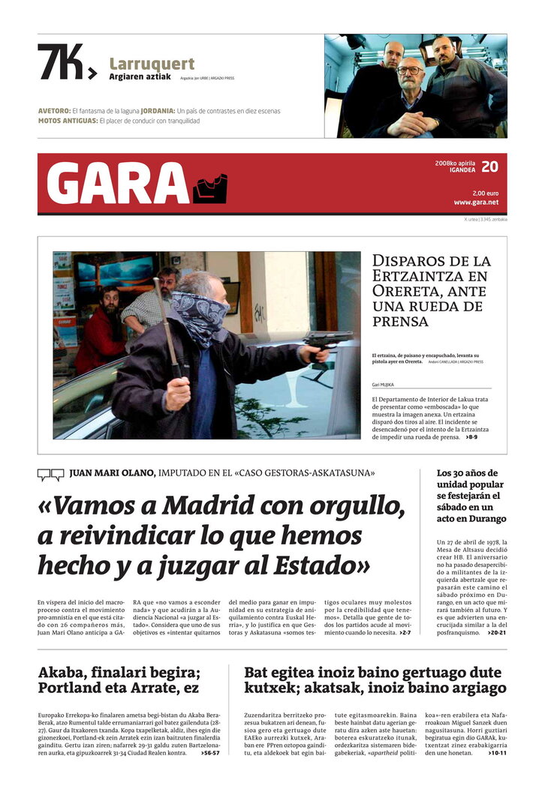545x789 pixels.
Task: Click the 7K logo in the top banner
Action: click(66, 61)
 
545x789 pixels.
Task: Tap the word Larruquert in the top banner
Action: click(152, 64)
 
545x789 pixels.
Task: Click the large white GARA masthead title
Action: click(118, 184)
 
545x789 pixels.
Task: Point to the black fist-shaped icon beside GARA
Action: click(209, 188)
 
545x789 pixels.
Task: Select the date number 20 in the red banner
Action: click(489, 166)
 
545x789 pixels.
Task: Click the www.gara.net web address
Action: click(476, 202)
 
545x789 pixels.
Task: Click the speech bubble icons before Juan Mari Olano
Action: click(50, 474)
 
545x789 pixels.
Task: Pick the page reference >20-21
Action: click(496, 633)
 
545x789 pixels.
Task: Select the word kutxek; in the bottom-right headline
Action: click(270, 687)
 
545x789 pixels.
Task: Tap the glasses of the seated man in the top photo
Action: click(410, 70)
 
